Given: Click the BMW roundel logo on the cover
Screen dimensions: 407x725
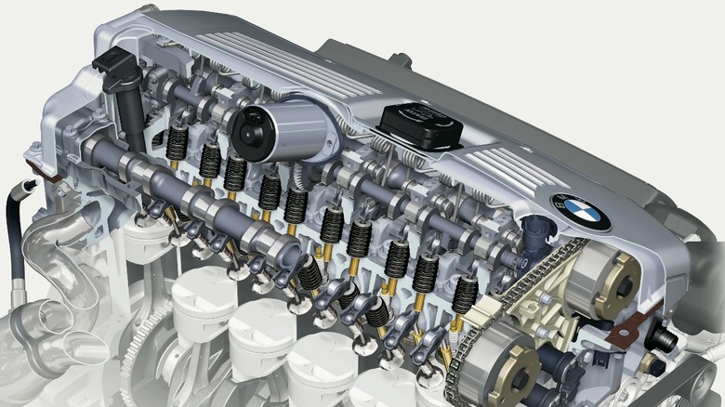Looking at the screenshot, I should pos(581,212).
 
